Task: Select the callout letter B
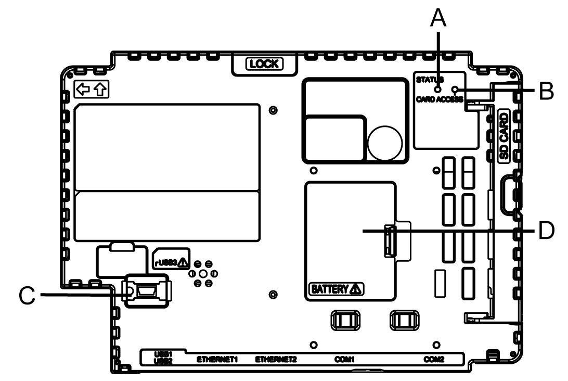point(546,91)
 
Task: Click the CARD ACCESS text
point(439,98)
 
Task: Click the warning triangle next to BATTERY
point(356,289)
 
